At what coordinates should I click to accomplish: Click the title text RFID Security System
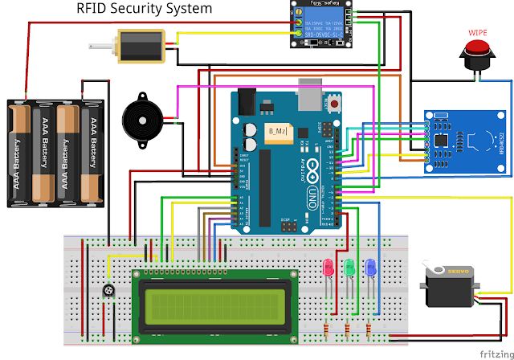click(x=145, y=10)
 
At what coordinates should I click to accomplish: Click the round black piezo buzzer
click(x=141, y=121)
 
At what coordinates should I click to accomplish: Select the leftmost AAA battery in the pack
click(x=21, y=153)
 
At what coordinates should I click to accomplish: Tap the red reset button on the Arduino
click(x=333, y=103)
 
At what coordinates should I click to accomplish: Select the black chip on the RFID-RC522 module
click(x=443, y=140)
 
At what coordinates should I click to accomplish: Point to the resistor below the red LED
click(x=326, y=329)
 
